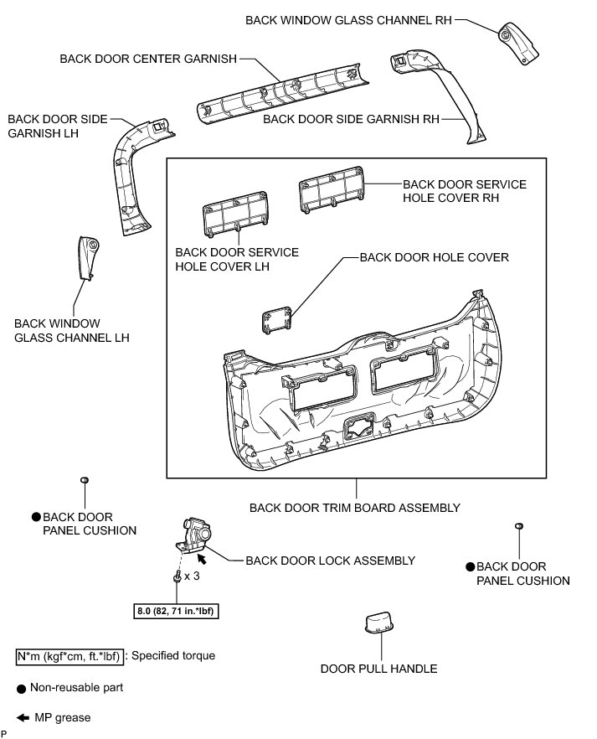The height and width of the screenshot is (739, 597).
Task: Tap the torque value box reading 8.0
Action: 175,611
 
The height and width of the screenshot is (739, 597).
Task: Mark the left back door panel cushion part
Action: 85,480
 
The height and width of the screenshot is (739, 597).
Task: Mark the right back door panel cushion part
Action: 519,526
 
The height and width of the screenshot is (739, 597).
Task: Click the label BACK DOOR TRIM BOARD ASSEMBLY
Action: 355,508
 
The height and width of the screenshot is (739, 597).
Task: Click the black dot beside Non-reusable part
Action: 22,687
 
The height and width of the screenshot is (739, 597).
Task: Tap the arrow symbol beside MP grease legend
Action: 22,718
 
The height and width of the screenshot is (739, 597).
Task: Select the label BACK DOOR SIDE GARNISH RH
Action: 351,119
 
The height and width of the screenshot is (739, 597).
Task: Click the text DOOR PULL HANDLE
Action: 378,669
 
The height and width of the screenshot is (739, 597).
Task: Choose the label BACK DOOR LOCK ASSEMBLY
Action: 330,561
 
